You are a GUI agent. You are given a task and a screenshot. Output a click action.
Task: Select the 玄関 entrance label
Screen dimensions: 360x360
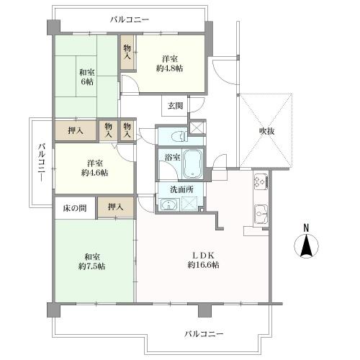click(176, 106)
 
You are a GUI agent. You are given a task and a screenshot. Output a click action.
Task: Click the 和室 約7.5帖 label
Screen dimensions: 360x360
click(92, 260)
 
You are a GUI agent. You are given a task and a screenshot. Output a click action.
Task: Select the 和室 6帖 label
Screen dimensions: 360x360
click(86, 77)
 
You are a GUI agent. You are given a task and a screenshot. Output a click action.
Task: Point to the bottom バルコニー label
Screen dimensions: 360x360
click(204, 333)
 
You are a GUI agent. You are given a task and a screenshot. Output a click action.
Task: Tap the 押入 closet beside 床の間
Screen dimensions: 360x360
click(114, 207)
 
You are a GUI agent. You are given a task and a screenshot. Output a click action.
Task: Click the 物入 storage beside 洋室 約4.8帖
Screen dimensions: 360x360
click(127, 52)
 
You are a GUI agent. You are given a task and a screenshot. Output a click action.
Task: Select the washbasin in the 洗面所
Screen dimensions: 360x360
click(169, 204)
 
